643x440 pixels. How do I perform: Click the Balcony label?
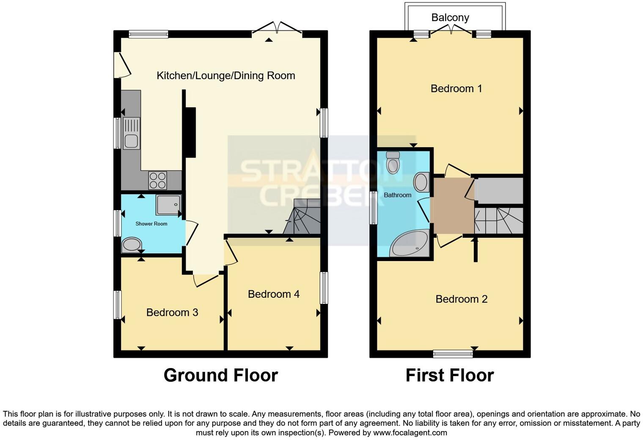click(x=450, y=17)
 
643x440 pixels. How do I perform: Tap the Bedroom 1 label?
click(x=456, y=88)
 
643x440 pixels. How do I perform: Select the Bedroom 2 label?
click(x=461, y=299)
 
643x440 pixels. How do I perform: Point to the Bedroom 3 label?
click(x=172, y=312)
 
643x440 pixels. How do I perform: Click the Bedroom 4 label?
click(x=274, y=294)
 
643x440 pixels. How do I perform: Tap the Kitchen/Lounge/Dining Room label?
click(x=226, y=76)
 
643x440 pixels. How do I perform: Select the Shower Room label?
click(x=151, y=223)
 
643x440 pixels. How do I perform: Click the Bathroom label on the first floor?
click(x=397, y=195)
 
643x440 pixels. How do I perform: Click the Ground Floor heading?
click(x=220, y=375)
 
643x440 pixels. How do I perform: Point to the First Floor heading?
click(x=450, y=375)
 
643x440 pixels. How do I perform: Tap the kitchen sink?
click(x=131, y=133)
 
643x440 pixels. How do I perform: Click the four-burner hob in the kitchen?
click(x=157, y=180)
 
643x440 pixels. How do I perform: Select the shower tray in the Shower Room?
click(x=168, y=205)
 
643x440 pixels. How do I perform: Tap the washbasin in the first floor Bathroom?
click(x=420, y=182)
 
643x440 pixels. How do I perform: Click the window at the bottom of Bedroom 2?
click(x=453, y=354)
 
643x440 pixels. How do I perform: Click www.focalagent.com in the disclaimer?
click(x=409, y=433)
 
